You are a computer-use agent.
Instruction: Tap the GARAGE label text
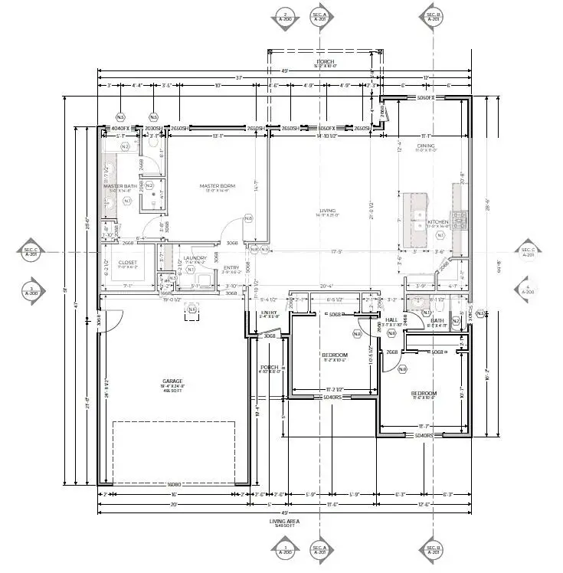172,380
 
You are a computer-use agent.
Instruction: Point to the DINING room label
426,146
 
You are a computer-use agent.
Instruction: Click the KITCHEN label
448,221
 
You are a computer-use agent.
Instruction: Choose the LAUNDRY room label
195,258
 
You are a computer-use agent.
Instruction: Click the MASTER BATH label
119,185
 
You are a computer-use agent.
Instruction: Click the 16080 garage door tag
174,484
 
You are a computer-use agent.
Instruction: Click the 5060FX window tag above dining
425,98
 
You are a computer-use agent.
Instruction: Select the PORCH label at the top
326,61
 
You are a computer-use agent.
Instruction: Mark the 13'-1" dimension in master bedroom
218,136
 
